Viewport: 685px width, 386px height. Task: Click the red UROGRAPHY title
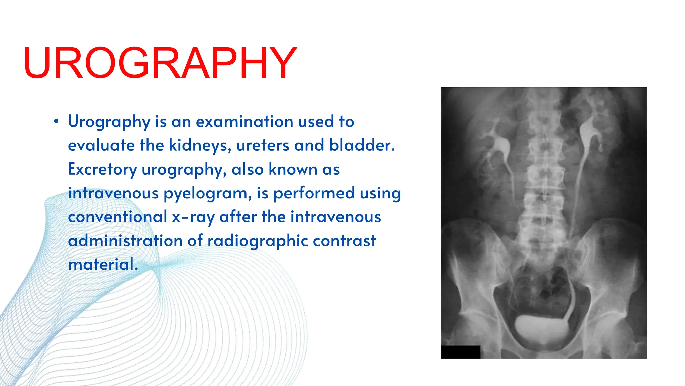[160, 63]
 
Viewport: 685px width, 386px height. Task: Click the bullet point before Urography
[56, 122]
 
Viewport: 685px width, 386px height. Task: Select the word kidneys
[200, 145]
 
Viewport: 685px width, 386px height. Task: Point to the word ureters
[262, 145]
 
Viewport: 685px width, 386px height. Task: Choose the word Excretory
[102, 169]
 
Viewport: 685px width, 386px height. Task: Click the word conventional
[117, 217]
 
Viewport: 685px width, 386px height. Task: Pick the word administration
[125, 241]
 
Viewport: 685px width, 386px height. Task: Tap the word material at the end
[102, 265]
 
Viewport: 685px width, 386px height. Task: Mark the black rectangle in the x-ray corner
[460, 352]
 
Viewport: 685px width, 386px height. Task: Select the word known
[293, 169]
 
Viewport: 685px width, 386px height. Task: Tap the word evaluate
[101, 145]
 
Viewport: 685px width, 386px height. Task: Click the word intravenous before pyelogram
[113, 193]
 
